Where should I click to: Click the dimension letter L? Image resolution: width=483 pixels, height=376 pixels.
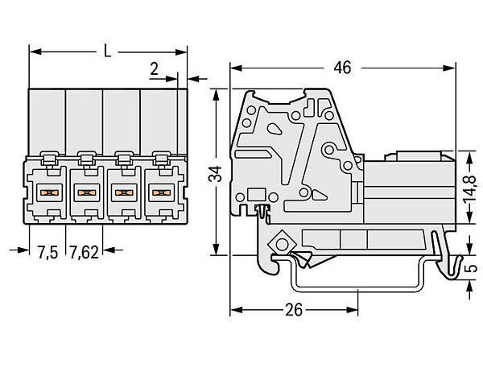click(x=107, y=51)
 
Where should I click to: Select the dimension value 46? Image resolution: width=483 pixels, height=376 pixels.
click(x=342, y=68)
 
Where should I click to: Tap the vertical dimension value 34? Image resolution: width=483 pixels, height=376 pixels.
click(x=215, y=174)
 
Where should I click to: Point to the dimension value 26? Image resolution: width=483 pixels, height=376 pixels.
click(x=294, y=310)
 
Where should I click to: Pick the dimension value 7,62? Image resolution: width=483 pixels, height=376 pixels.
click(x=84, y=253)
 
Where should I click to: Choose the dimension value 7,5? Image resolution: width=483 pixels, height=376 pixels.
click(x=47, y=253)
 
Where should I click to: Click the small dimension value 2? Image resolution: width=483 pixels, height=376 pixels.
click(x=154, y=69)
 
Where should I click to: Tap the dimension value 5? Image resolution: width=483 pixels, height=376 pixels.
click(x=470, y=268)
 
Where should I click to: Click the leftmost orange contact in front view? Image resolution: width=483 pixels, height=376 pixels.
click(x=49, y=193)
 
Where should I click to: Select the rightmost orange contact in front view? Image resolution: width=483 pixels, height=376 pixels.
click(x=162, y=193)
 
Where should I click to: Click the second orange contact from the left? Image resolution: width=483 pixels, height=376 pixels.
click(x=87, y=193)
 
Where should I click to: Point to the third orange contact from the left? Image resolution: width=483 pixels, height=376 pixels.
click(x=124, y=193)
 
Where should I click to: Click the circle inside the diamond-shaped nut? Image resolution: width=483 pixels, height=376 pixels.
click(x=282, y=245)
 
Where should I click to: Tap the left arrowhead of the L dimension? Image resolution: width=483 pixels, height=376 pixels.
click(x=35, y=52)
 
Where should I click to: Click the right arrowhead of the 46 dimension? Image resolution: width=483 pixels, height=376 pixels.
click(x=449, y=68)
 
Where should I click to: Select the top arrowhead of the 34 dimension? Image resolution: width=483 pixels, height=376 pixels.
click(x=216, y=95)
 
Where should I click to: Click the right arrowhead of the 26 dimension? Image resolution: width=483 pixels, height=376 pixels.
click(x=352, y=310)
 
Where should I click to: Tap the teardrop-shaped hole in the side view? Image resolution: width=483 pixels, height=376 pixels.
click(x=275, y=129)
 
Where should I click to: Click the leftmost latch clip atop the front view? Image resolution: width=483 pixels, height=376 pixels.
click(x=49, y=159)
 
